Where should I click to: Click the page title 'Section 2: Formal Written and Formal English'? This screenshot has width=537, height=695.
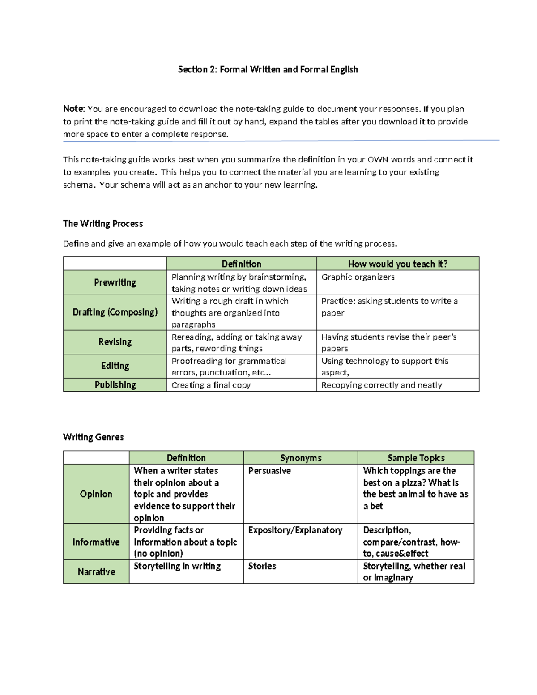[268, 69]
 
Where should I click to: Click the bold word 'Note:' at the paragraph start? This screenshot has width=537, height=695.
[74, 109]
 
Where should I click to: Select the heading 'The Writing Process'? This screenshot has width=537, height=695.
[103, 224]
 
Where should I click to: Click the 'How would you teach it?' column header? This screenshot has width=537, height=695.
[397, 264]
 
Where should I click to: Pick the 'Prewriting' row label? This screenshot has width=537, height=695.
[115, 282]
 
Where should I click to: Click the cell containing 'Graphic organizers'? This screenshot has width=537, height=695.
[358, 277]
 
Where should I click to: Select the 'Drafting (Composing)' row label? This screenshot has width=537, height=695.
[115, 312]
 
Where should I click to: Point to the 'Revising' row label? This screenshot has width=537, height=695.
[115, 342]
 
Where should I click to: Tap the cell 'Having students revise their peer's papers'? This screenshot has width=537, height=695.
[388, 342]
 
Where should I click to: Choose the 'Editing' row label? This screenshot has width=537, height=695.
[115, 366]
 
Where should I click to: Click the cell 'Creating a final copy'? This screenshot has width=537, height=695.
[211, 385]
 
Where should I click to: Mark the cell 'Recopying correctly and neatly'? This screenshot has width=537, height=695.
[381, 385]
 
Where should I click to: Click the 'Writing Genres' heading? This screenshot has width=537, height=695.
[94, 437]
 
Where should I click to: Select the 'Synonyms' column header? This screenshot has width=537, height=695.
[301, 458]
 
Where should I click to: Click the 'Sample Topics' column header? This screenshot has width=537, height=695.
[416, 458]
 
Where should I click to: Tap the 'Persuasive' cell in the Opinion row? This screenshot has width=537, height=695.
[269, 471]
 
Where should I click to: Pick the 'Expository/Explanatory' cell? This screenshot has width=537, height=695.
[295, 530]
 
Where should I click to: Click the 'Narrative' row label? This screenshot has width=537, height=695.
[96, 572]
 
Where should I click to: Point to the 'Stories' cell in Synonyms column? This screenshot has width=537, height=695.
[262, 566]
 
